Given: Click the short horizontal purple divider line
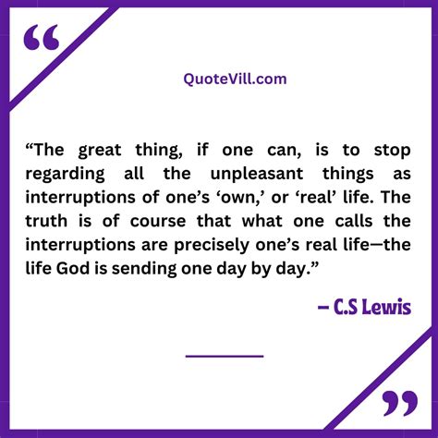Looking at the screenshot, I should [x=225, y=355].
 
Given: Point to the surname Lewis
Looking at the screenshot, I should [x=388, y=306].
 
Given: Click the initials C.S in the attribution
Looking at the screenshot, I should [x=347, y=306].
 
